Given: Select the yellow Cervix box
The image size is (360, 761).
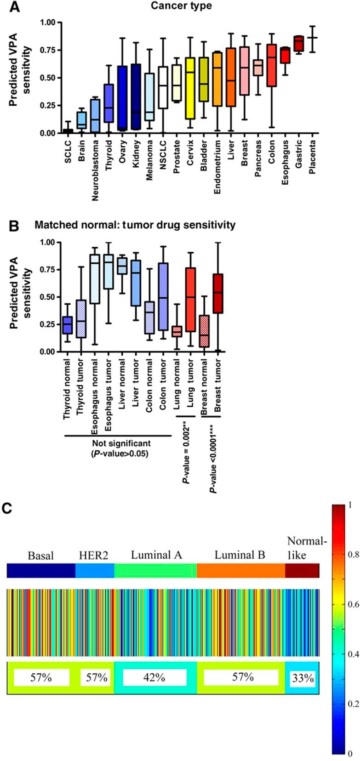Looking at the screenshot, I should click(189, 88).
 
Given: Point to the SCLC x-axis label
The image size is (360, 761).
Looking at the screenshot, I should click(68, 147).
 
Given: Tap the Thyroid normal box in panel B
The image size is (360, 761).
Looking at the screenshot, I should click(68, 325).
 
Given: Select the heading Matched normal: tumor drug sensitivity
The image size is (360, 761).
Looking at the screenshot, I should click(135, 225).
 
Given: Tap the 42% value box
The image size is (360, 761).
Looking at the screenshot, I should click(154, 678).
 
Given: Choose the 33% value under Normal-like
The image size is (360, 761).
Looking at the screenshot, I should click(302, 678).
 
